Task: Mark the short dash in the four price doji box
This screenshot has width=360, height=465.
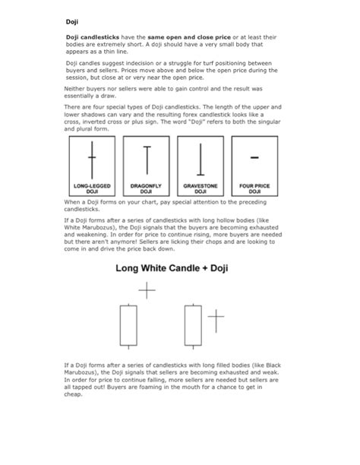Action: [x=254, y=157]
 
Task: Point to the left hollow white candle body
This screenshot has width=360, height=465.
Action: [x=128, y=324]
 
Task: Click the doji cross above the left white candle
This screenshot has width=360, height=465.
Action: [x=147, y=289]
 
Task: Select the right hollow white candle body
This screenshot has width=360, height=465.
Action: [x=193, y=324]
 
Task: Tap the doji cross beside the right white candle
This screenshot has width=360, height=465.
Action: [x=216, y=320]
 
